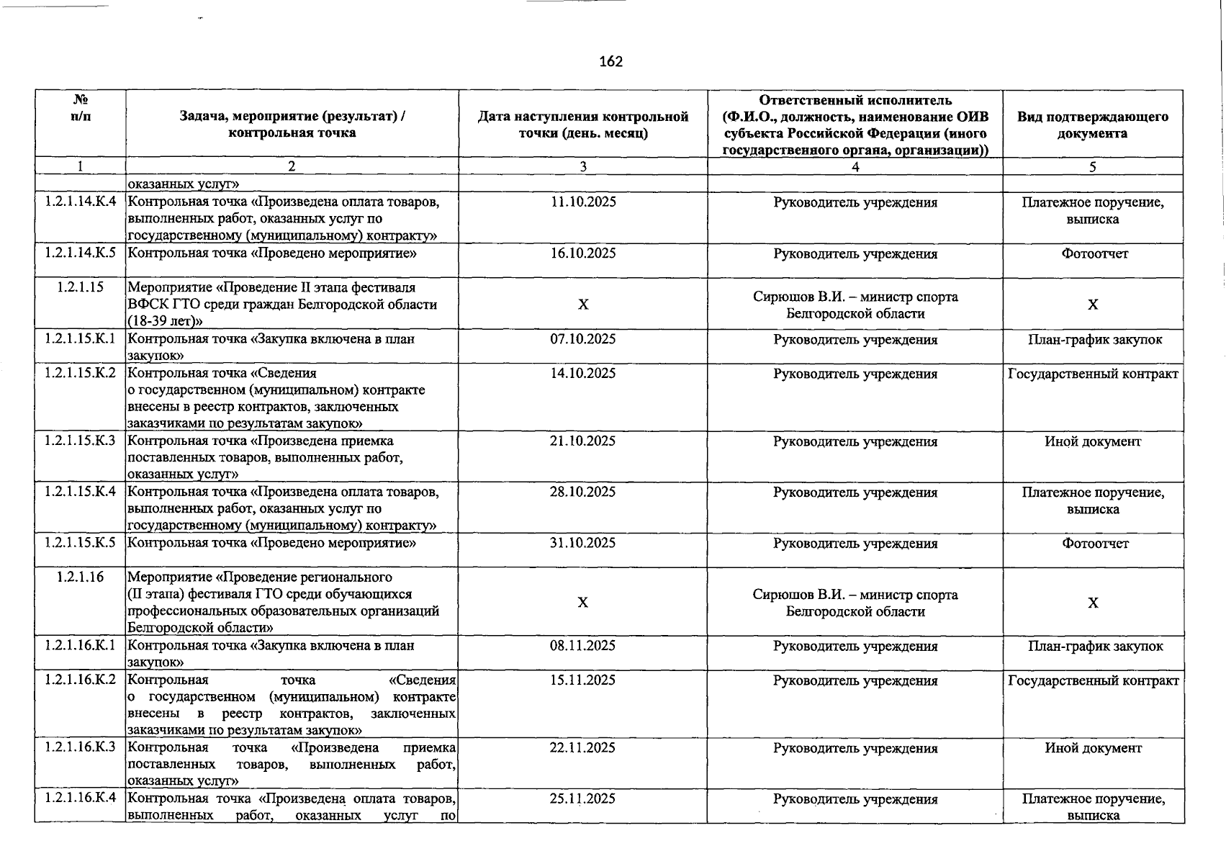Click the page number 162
tap(610, 62)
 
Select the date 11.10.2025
tap(583, 202)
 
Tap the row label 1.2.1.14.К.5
tap(80, 253)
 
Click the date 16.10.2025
tap(583, 253)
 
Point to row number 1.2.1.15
tap(80, 287)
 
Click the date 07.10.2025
tap(583, 339)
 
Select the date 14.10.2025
tap(583, 374)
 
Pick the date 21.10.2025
tap(583, 441)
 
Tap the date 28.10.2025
tap(583, 492)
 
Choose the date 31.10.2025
tap(583, 544)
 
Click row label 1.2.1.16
tap(80, 577)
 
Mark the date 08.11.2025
tap(583, 646)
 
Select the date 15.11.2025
tap(583, 680)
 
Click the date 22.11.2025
tap(583, 748)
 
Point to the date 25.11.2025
tap(583, 799)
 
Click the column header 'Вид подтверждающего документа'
tap(1092, 125)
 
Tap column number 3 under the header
tap(583, 167)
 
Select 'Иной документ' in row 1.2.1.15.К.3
tap(1092, 441)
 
